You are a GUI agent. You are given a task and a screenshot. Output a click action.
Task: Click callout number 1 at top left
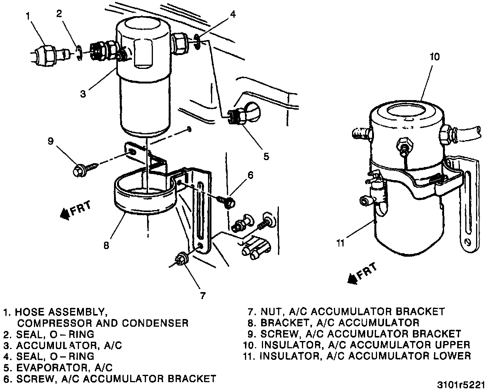pyautogui.click(x=28, y=16)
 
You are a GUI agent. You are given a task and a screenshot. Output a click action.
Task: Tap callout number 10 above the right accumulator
pyautogui.click(x=434, y=57)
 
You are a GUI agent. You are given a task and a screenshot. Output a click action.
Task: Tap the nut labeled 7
pyautogui.click(x=181, y=258)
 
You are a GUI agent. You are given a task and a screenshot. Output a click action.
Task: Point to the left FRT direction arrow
pyautogui.click(x=75, y=210)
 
